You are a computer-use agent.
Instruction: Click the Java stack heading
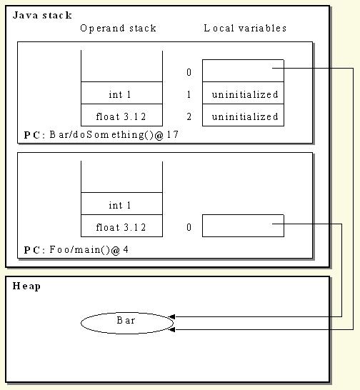pyautogui.click(x=42, y=16)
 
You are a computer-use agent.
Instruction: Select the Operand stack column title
pyautogui.click(x=118, y=29)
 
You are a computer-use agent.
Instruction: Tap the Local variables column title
pyautogui.click(x=245, y=28)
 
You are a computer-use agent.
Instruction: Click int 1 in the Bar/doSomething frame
pyautogui.click(x=120, y=94)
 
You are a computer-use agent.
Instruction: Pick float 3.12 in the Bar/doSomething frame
pyautogui.click(x=121, y=116)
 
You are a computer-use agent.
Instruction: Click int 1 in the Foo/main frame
pyautogui.click(x=120, y=205)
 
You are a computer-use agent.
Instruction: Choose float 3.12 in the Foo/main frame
pyautogui.click(x=121, y=227)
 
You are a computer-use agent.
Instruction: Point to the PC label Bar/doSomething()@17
pyautogui.click(x=101, y=135)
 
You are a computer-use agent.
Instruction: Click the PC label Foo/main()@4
pyautogui.click(x=76, y=250)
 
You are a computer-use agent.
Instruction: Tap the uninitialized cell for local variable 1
pyautogui.click(x=243, y=93)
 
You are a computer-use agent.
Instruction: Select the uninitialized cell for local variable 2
pyautogui.click(x=243, y=115)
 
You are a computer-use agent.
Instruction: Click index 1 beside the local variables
pyautogui.click(x=189, y=94)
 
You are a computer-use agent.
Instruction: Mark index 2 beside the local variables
pyautogui.click(x=189, y=116)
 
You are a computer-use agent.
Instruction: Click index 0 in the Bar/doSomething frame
pyautogui.click(x=189, y=72)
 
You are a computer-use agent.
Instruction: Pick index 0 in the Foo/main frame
pyautogui.click(x=189, y=227)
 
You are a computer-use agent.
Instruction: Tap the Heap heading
pyautogui.click(x=26, y=286)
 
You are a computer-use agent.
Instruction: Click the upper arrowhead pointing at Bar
pyautogui.click(x=171, y=317)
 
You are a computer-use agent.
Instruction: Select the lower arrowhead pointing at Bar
pyautogui.click(x=171, y=330)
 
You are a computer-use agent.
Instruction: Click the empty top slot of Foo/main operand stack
pyautogui.click(x=121, y=177)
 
